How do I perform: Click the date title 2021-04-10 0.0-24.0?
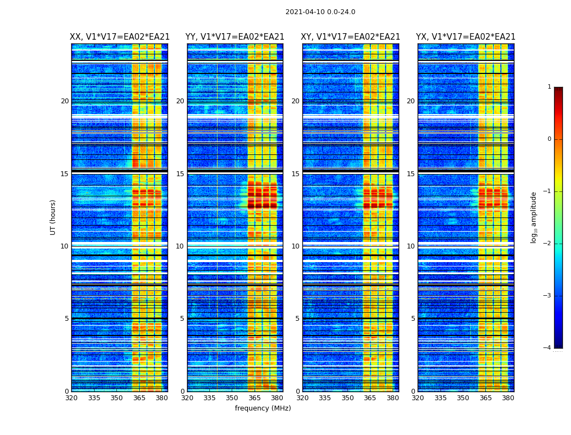(x=320, y=12)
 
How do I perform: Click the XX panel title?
(x=120, y=37)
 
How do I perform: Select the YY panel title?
(x=235, y=37)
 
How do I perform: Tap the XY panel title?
(x=351, y=37)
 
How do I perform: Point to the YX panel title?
(x=466, y=37)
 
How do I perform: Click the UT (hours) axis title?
(x=53, y=217)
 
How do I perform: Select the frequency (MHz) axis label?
(x=263, y=408)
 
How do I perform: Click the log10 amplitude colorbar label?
(x=534, y=217)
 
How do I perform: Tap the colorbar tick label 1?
(x=549, y=87)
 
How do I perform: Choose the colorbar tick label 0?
(x=549, y=139)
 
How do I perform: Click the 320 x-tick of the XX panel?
(x=71, y=398)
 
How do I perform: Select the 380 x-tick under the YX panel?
(x=508, y=398)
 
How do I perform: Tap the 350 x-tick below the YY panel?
(x=232, y=398)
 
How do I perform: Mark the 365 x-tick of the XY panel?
(x=370, y=398)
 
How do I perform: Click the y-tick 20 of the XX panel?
(x=65, y=101)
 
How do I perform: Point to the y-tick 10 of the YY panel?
(x=180, y=246)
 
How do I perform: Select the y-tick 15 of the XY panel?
(x=295, y=174)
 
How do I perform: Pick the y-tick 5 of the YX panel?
(x=413, y=319)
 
